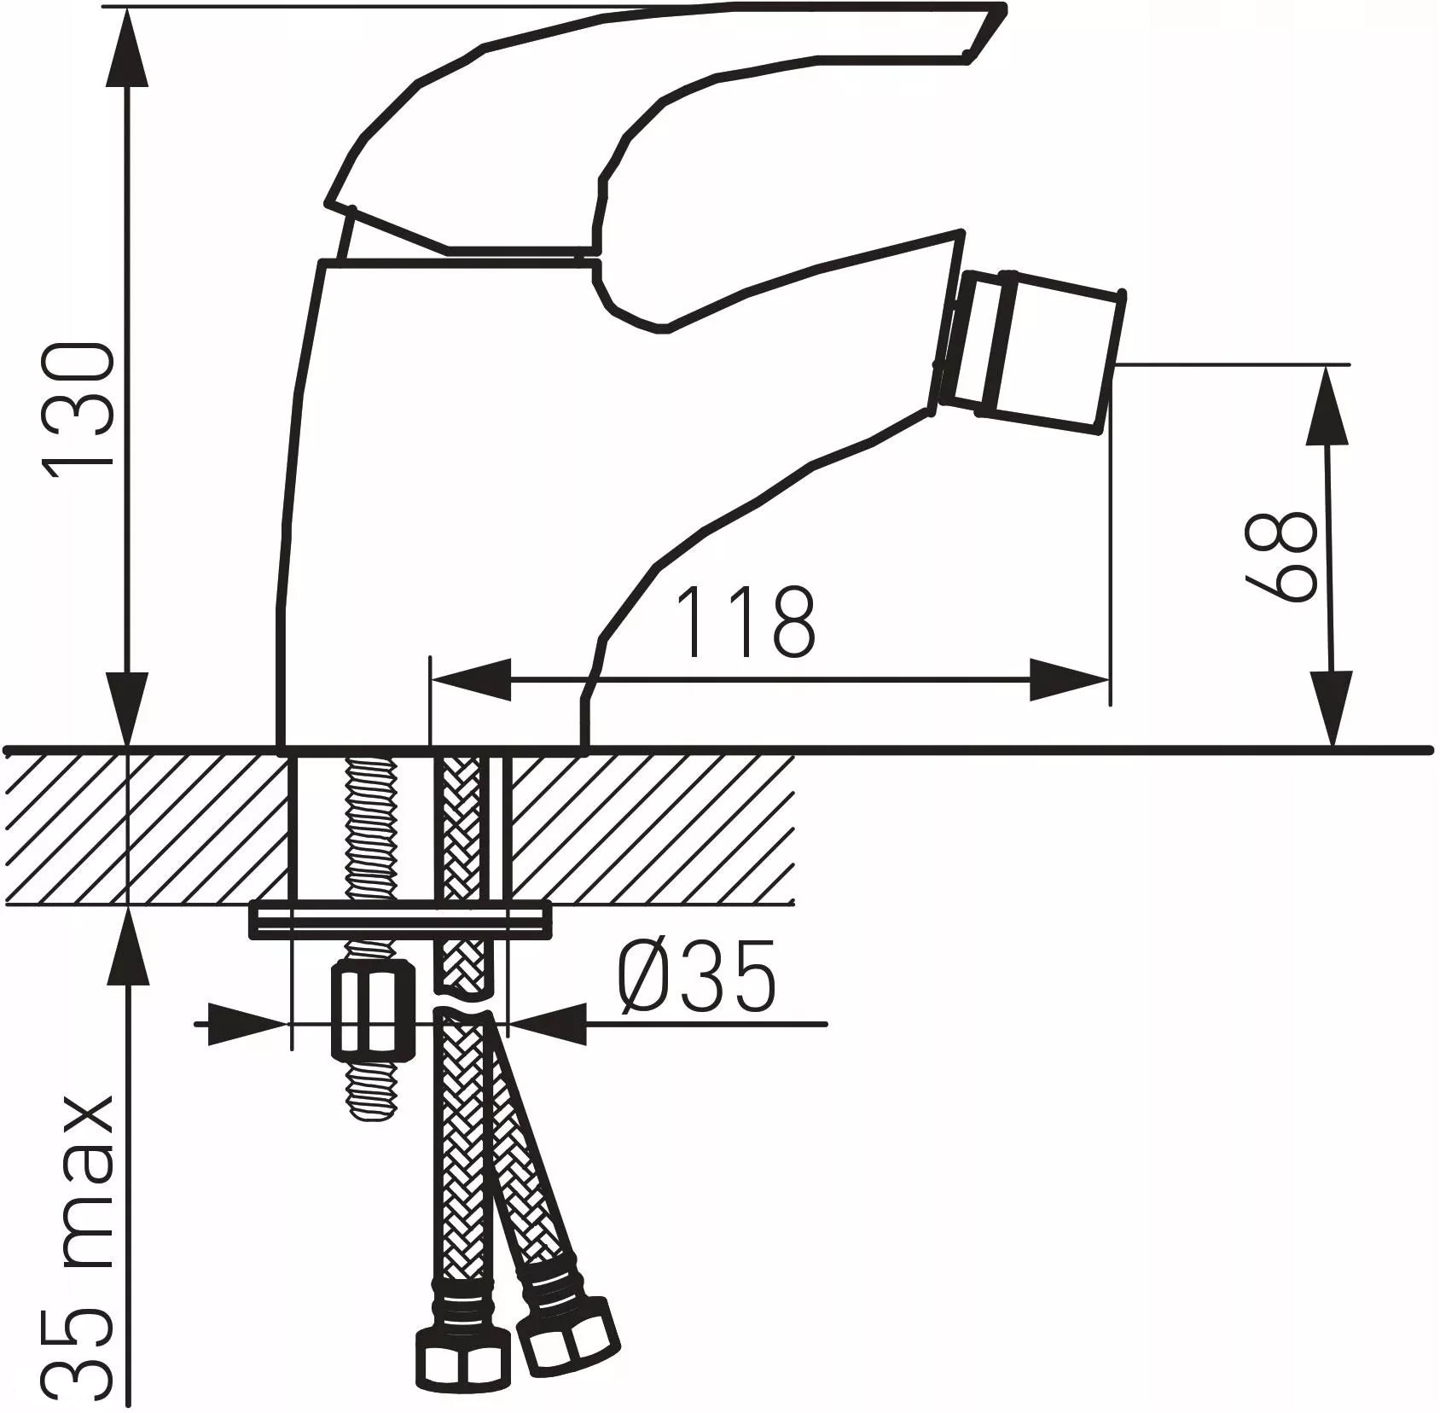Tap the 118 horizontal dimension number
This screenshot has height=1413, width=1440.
[x=745, y=622]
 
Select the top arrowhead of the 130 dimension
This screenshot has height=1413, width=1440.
[x=128, y=43]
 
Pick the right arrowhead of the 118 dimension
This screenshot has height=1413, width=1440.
[x=1071, y=679]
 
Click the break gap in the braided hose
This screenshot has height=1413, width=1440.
[x=465, y=999]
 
